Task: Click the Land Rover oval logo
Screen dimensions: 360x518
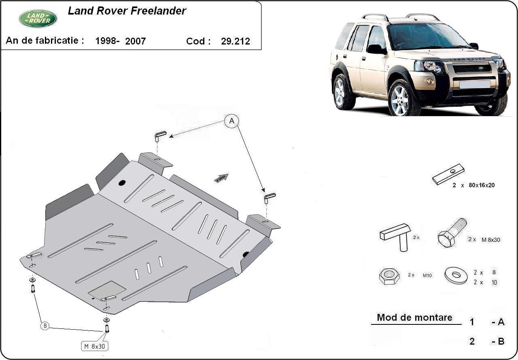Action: (x=38, y=18)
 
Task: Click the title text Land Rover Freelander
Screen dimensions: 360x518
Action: (x=127, y=11)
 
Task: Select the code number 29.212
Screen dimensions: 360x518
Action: (x=235, y=41)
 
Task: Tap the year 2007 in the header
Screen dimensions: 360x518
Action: (x=135, y=41)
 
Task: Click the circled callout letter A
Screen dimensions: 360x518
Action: (x=231, y=121)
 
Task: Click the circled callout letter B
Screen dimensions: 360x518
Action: (x=45, y=326)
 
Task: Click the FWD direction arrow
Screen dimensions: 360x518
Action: (x=221, y=178)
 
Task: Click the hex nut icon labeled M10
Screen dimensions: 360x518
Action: (x=389, y=276)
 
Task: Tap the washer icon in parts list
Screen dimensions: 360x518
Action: (x=456, y=275)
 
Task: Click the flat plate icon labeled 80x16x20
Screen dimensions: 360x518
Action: (x=448, y=174)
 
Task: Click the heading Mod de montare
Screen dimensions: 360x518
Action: (x=414, y=318)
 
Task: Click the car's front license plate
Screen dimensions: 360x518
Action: (x=475, y=84)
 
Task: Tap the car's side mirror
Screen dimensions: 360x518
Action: (x=376, y=49)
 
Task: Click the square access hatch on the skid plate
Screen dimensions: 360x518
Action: (x=107, y=288)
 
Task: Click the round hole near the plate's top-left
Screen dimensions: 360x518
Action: (x=122, y=183)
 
